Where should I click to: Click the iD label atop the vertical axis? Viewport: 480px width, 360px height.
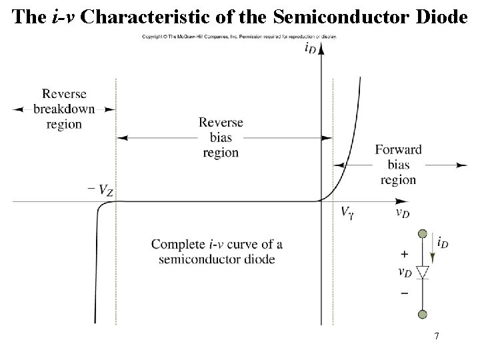coord(311,47)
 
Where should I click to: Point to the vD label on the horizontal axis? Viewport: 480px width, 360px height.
coord(402,213)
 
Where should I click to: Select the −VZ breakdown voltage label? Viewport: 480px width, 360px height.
coord(99,190)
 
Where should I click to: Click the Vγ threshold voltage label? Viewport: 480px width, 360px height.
coord(347,213)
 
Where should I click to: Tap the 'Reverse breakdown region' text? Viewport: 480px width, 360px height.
coord(64,109)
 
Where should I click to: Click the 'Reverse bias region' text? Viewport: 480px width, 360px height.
coord(221,138)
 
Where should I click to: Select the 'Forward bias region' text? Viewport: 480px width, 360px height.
coord(398,165)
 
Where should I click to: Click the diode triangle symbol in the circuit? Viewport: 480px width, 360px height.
coord(421,272)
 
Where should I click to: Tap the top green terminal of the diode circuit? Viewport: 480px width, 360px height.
coord(421,234)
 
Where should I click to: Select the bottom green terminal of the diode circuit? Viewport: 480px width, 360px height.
coord(421,315)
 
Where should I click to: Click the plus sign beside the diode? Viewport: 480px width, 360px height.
coord(404,255)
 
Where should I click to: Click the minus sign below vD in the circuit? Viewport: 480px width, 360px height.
coord(404,293)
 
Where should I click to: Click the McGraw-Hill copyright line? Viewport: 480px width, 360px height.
coord(239,37)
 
